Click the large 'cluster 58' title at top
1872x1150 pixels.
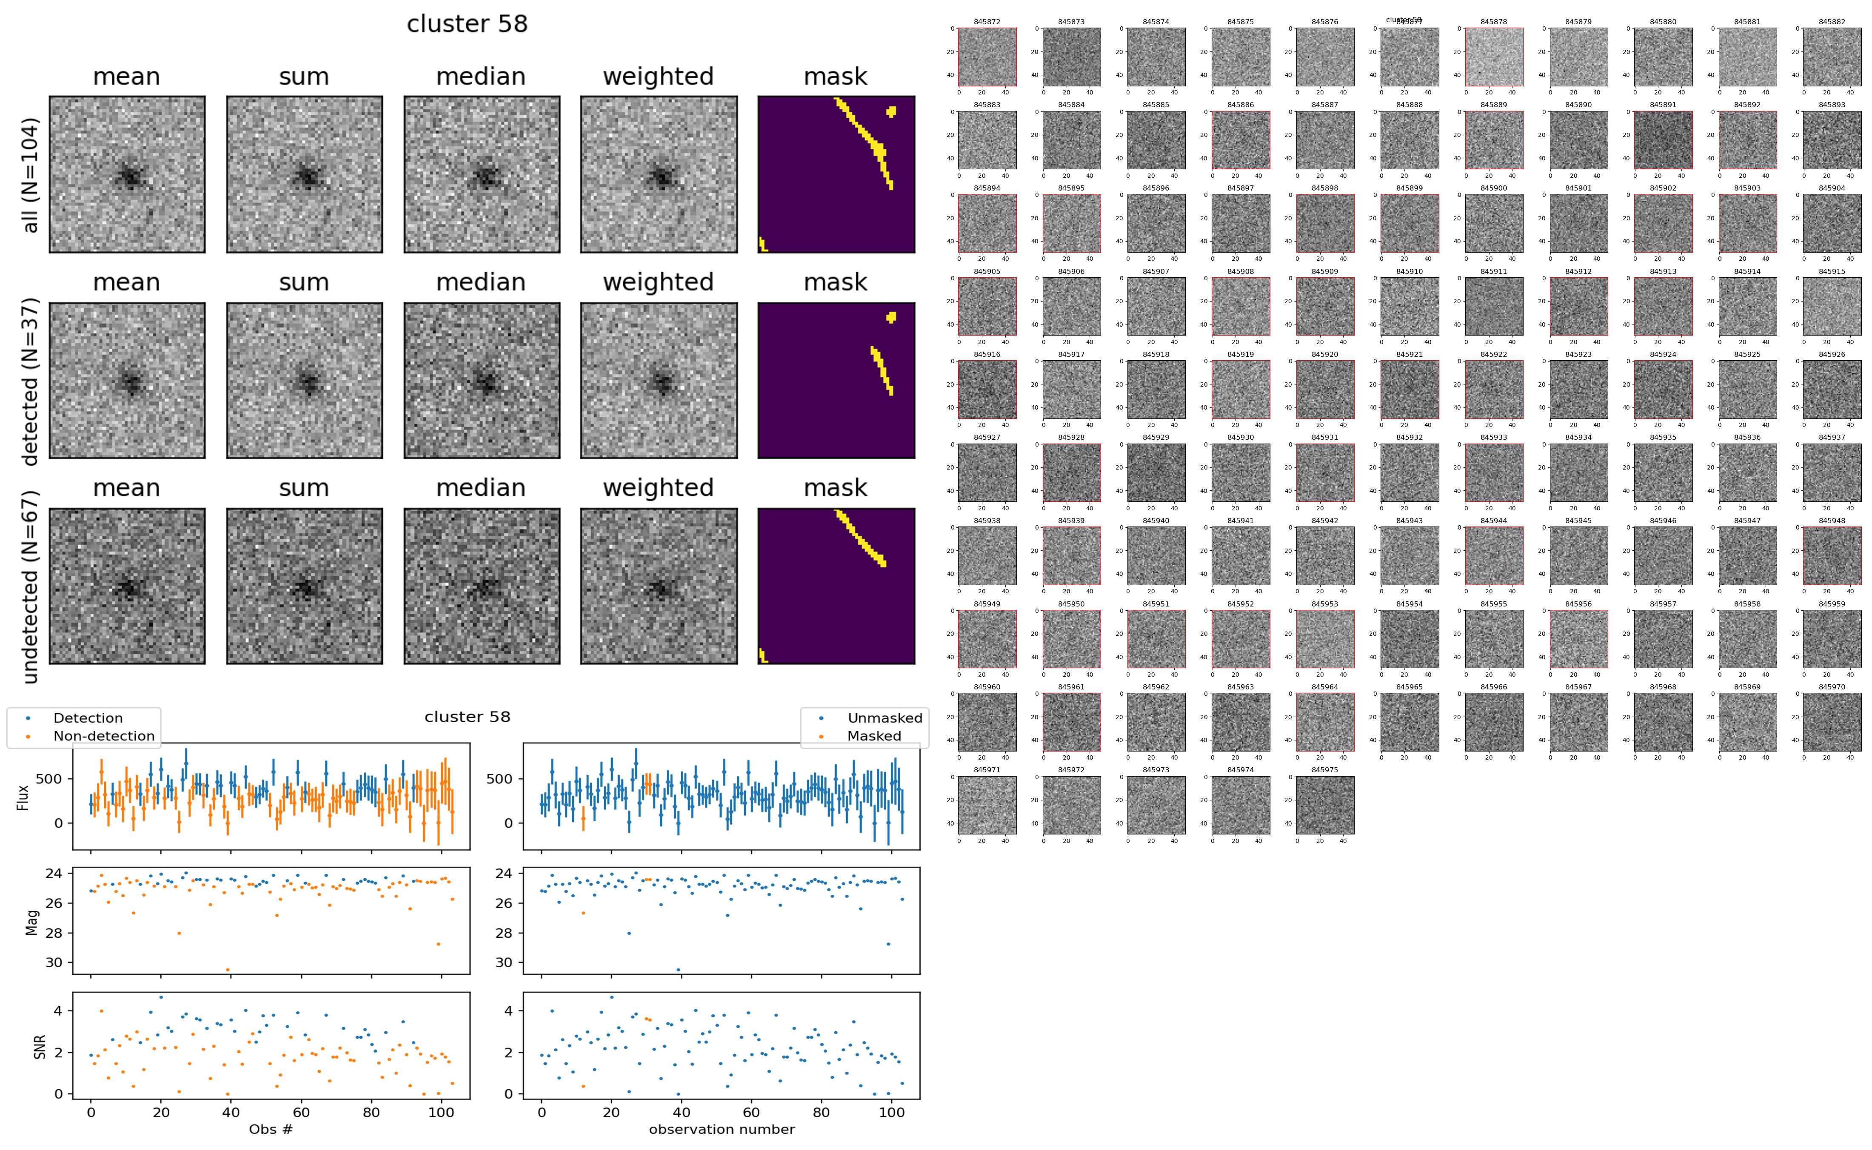(x=467, y=24)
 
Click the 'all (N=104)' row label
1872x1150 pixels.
(x=31, y=175)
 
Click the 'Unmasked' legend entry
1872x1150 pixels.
(x=885, y=718)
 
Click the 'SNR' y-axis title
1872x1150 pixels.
(x=40, y=1047)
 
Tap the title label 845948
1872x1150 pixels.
(x=1832, y=521)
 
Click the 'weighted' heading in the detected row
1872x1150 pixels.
(x=658, y=282)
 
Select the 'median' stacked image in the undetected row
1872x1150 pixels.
(x=482, y=586)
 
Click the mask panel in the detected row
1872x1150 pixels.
(x=836, y=380)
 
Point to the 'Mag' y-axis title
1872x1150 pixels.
(x=32, y=922)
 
